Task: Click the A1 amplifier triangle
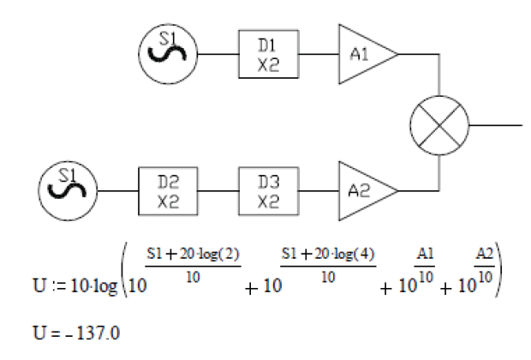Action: point(364,53)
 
